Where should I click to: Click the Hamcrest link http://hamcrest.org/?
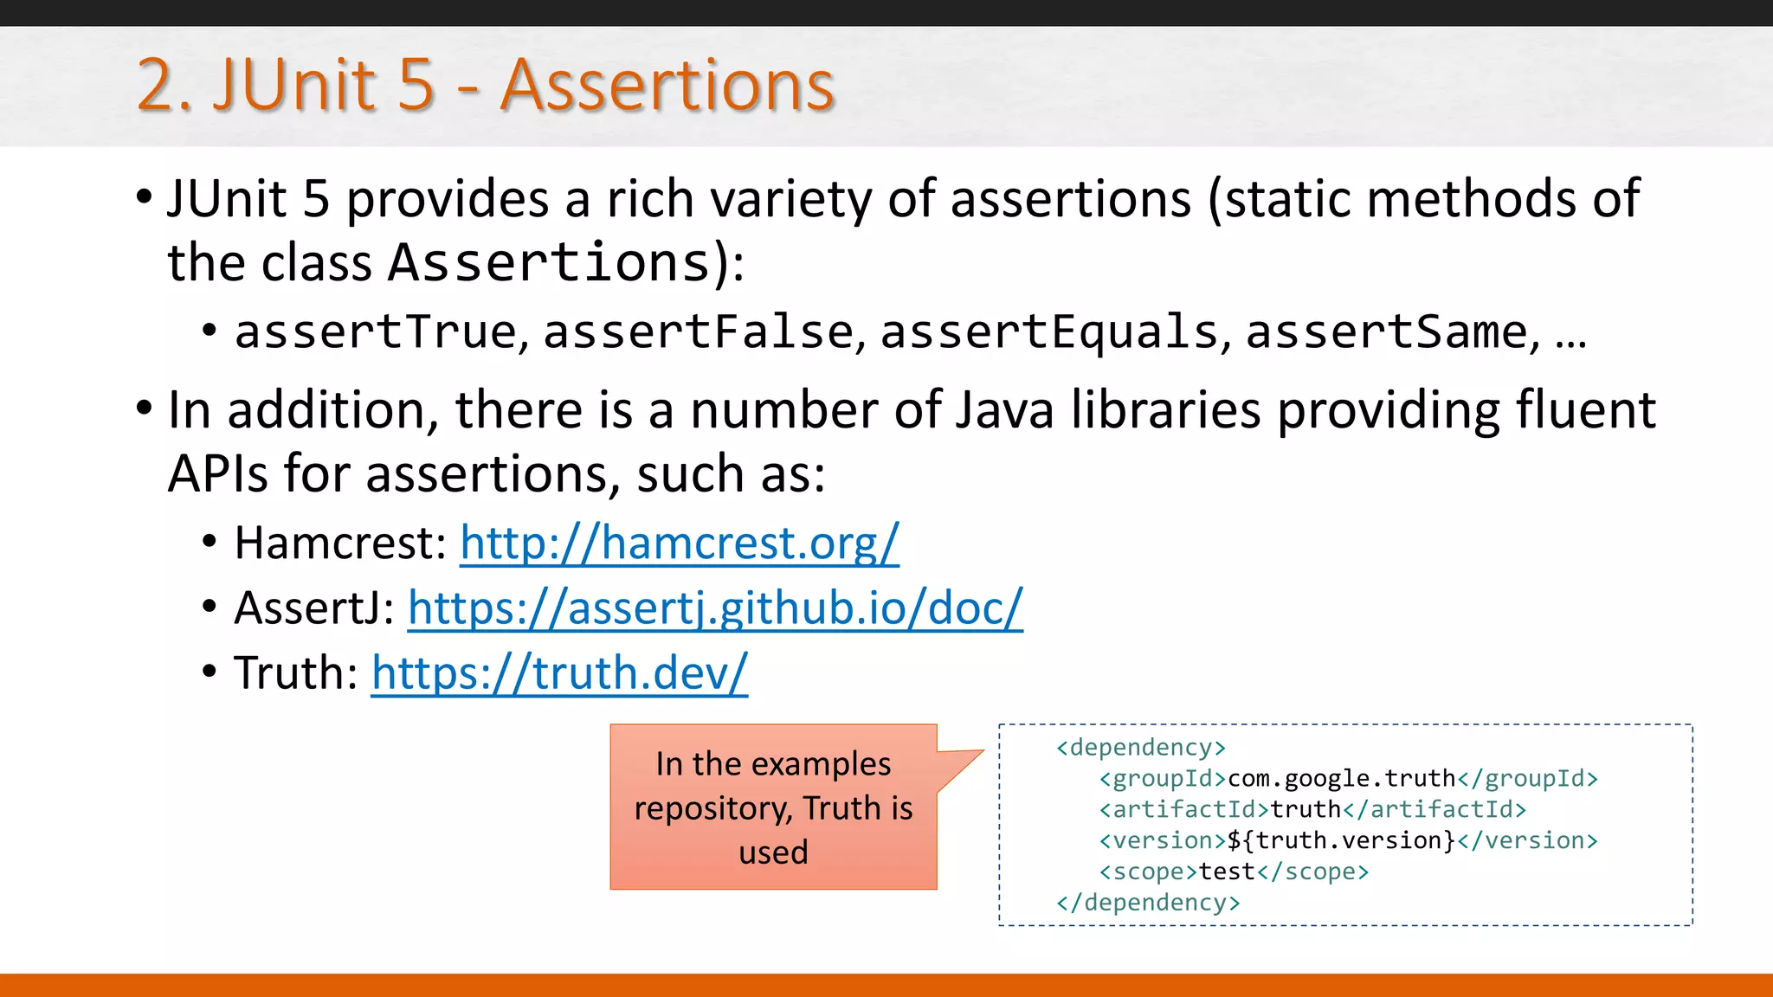tap(679, 544)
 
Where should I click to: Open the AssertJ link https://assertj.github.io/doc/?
tap(715, 608)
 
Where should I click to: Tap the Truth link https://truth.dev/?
tap(559, 673)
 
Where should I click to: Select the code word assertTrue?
tap(376, 332)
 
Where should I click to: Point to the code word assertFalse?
tap(699, 332)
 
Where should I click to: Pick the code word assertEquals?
tap(1049, 332)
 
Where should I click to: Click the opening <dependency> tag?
tap(1141, 748)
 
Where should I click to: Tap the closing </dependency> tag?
tap(1148, 903)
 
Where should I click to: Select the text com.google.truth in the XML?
tap(1342, 779)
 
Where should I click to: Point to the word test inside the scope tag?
tap(1227, 872)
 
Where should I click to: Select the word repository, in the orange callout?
tap(712, 808)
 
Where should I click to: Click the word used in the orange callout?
tap(773, 852)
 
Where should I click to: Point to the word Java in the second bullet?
tap(1004, 410)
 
